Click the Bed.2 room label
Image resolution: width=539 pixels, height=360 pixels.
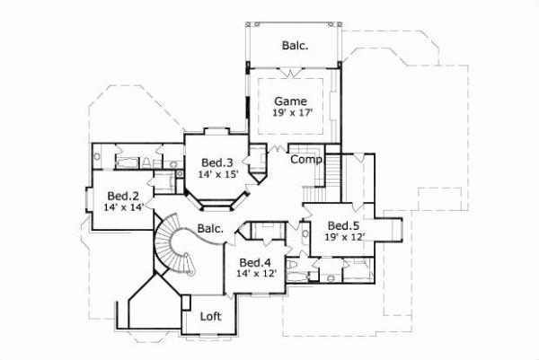122,196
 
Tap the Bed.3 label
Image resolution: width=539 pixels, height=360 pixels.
216,162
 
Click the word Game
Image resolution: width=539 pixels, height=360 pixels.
290,101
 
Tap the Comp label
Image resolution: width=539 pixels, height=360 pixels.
305,159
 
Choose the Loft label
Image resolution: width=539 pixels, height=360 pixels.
210,316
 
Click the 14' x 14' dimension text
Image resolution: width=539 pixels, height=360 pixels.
122,207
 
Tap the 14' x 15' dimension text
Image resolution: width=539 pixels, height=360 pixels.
216,174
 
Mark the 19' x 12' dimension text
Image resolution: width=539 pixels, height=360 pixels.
343,237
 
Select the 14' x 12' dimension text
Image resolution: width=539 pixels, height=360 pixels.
255,274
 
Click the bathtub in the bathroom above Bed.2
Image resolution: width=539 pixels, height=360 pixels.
126,162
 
